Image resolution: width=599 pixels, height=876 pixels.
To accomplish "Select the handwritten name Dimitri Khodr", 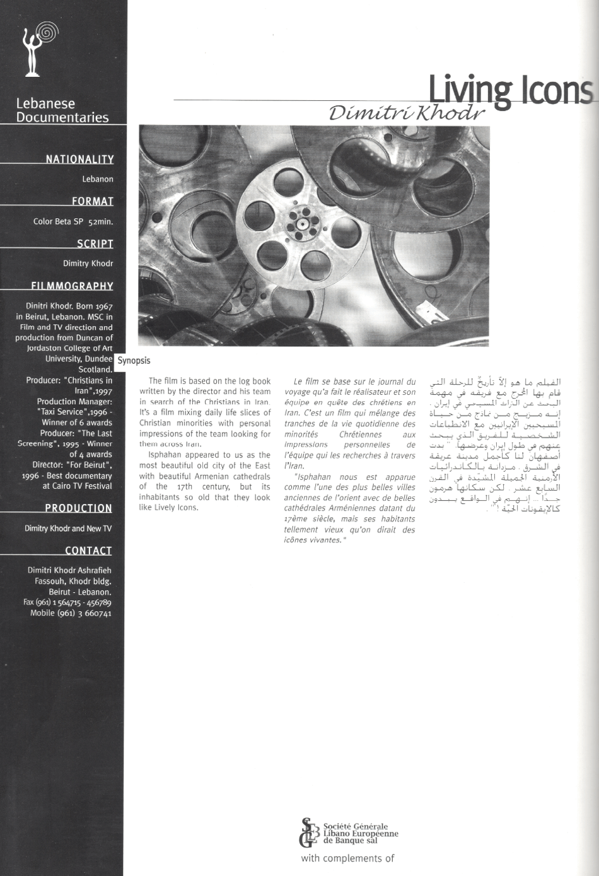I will pos(407,113).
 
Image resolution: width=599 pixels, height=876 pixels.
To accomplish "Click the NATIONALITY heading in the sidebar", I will pos(79,159).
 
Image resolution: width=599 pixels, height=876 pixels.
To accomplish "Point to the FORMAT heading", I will pos(93,201).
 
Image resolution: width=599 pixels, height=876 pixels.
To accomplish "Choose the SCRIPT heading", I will pos(95,243).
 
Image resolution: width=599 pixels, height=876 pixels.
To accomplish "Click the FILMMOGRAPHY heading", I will pos(72,286).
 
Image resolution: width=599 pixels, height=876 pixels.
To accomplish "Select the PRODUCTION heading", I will pos(78,508).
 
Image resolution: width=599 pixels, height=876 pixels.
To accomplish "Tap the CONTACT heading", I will pos(88,550).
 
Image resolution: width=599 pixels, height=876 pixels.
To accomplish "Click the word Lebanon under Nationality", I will pos(98,179).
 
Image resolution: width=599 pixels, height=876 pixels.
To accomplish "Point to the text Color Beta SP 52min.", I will pos(73,221).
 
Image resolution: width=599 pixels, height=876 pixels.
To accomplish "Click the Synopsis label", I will pos(134,361).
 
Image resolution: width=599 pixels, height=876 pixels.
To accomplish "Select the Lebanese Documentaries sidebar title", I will pos(62,110).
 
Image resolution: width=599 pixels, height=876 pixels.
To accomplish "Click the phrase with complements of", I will pos(347,858).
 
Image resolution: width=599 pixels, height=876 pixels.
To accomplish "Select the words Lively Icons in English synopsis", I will pos(172,508).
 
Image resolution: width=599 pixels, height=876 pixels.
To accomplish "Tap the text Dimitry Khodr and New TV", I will pos(68,529).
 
